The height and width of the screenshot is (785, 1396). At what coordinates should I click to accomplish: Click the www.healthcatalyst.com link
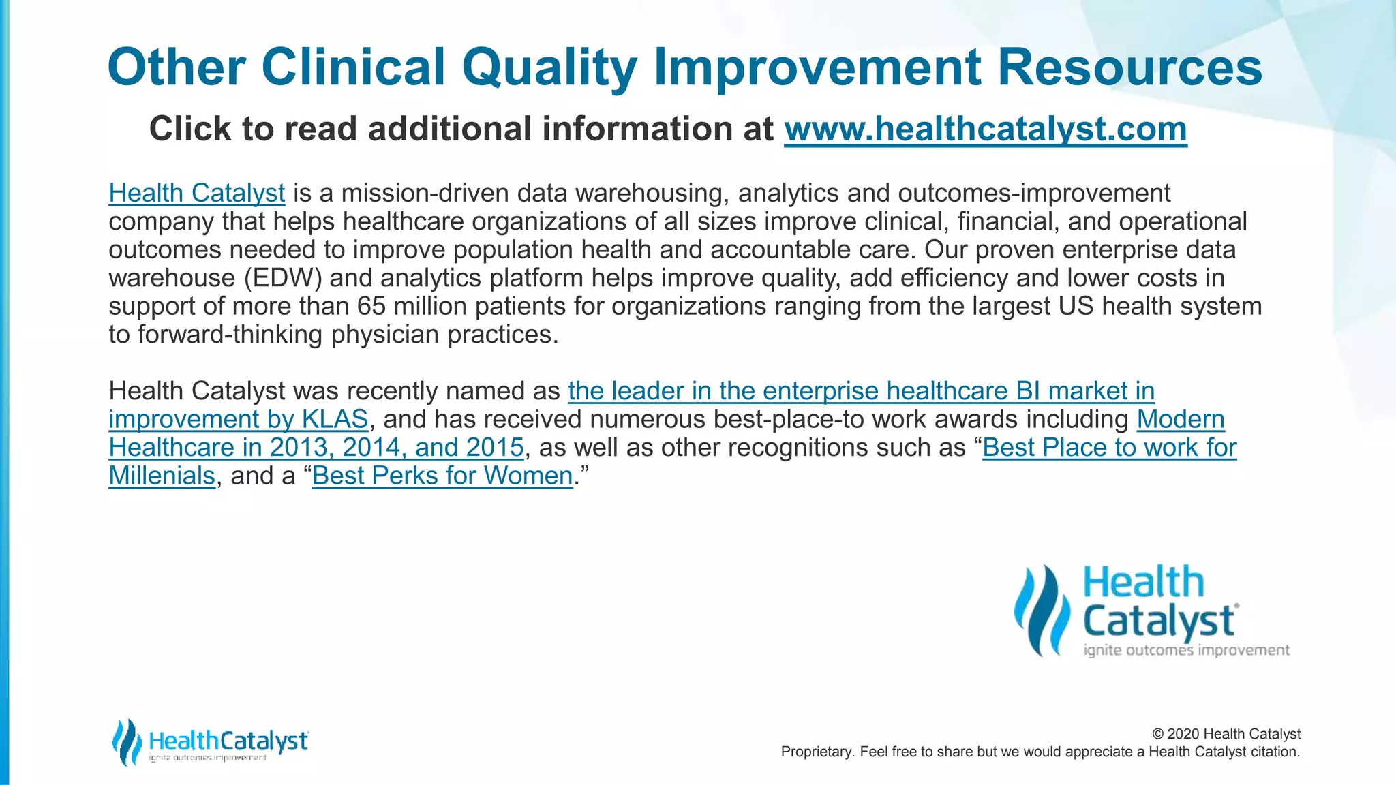985,129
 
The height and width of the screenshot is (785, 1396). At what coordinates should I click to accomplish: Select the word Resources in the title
1129,67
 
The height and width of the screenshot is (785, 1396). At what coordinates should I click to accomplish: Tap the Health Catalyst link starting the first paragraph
196,194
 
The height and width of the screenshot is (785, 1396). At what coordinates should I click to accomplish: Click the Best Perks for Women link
442,476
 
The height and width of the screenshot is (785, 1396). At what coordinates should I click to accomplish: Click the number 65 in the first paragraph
371,306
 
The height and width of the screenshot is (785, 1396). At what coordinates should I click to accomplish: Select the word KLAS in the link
335,419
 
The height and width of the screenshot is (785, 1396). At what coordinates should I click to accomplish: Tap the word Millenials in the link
162,476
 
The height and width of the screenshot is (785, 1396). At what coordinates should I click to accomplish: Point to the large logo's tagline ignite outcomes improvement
1186,650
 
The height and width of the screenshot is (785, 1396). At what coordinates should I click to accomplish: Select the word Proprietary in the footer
815,752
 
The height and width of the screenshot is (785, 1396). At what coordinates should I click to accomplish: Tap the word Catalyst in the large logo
1159,621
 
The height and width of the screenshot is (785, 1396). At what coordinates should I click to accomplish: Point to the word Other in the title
177,67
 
